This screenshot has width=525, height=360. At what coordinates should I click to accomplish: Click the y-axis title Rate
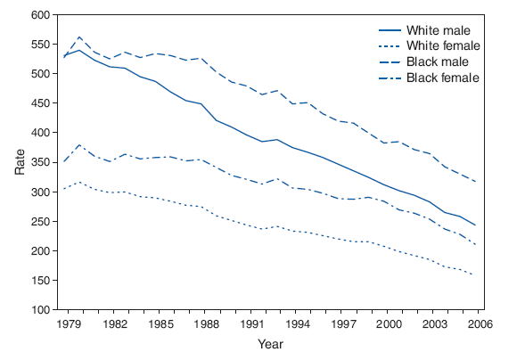(x=20, y=162)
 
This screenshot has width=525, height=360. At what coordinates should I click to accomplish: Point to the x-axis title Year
(x=271, y=343)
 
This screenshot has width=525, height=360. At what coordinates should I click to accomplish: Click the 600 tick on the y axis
(x=37, y=15)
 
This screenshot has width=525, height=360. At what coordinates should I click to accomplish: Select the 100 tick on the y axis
(x=37, y=310)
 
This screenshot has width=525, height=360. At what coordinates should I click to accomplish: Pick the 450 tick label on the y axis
(x=37, y=103)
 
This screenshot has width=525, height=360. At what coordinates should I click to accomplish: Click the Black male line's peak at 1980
(x=80, y=37)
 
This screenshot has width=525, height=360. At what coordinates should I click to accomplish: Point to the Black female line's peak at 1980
(x=80, y=144)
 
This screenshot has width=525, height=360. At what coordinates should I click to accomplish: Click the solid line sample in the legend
(x=389, y=30)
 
